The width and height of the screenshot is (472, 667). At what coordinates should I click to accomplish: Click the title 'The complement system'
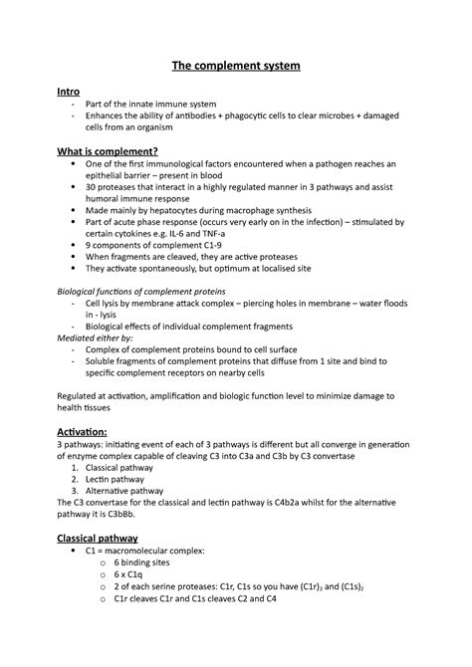[236, 66]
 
